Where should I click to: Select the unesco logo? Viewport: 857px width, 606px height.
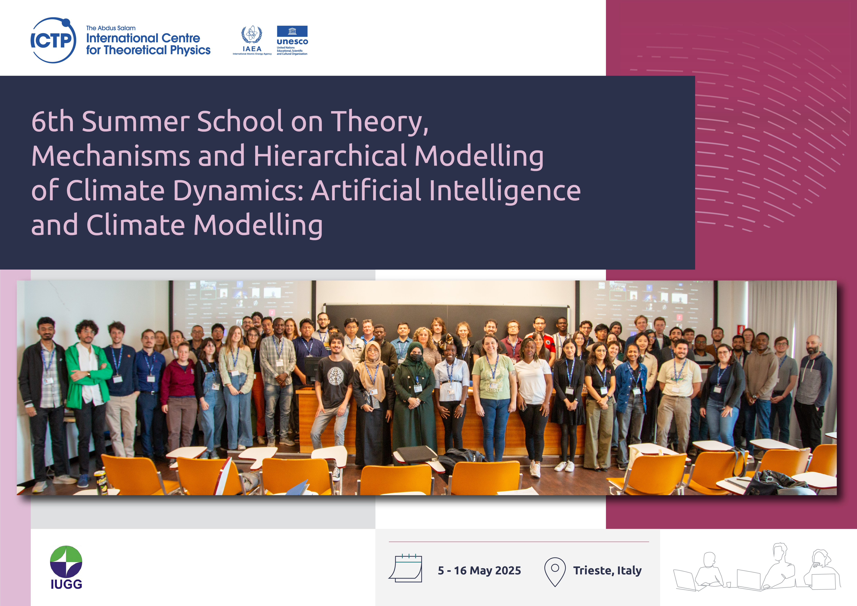pyautogui.click(x=292, y=40)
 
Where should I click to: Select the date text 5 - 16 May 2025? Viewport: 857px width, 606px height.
pyautogui.click(x=479, y=571)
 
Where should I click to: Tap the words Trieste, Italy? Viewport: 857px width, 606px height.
pyautogui.click(x=607, y=571)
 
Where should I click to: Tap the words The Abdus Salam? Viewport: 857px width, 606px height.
pyautogui.click(x=111, y=28)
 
